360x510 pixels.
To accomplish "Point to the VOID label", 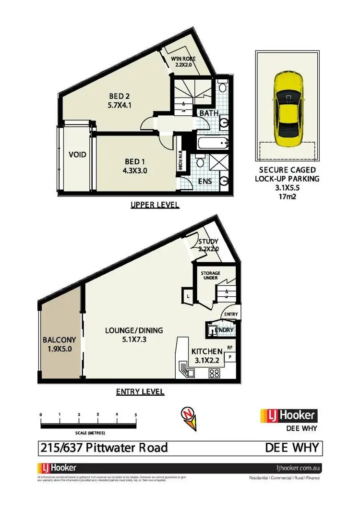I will point(77,155).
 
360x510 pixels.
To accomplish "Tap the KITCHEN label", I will point(207,351).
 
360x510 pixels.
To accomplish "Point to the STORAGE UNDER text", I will point(210,275).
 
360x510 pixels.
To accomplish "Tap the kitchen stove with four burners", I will point(215,373).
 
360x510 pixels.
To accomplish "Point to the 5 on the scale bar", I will point(136,413).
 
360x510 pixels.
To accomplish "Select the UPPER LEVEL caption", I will point(155,205).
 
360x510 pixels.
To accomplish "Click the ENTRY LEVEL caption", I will point(140,392).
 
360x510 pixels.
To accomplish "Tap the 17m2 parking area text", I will point(287,195).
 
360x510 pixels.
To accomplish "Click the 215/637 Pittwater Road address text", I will point(103,448).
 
